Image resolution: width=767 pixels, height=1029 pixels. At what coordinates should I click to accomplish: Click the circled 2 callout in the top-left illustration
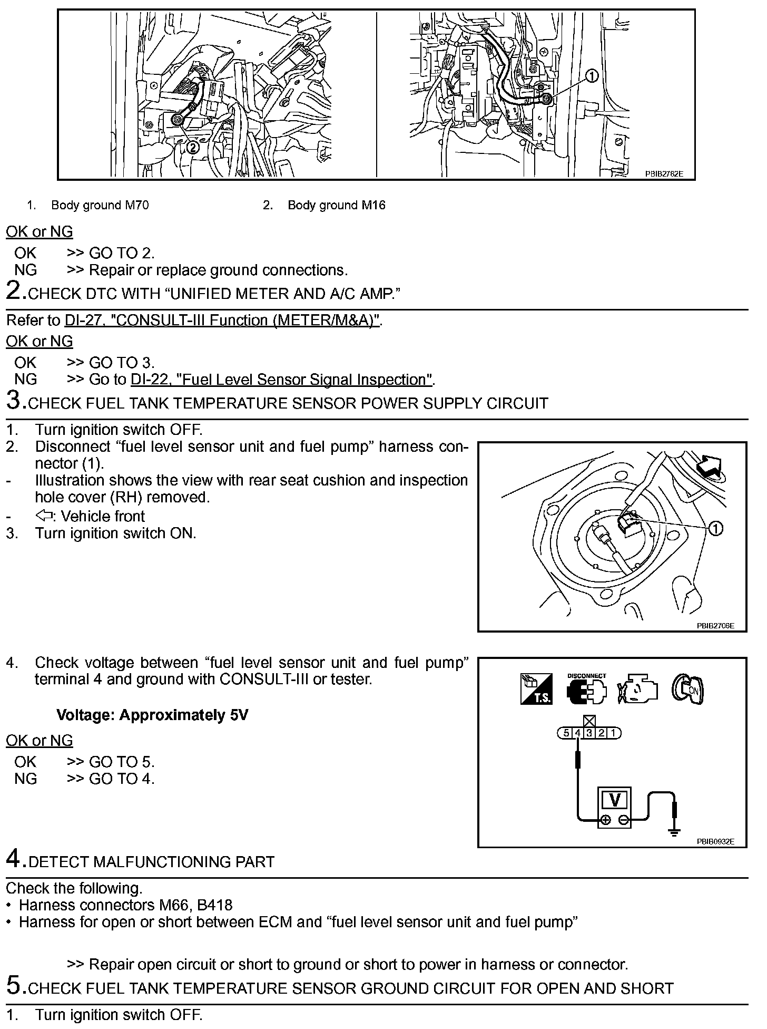point(193,148)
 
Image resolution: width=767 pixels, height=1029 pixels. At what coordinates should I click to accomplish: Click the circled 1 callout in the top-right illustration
point(592,76)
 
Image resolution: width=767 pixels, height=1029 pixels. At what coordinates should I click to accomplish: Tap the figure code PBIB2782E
point(664,173)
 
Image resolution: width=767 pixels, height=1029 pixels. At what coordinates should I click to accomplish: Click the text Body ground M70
point(100,205)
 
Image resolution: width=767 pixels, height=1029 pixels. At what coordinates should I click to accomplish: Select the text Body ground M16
point(336,205)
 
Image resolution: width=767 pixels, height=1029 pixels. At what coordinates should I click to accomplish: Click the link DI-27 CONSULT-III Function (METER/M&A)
point(222,321)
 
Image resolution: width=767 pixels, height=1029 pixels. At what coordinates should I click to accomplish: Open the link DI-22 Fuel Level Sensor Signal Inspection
point(282,380)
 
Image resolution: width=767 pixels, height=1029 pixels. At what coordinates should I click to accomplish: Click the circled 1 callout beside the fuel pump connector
point(715,528)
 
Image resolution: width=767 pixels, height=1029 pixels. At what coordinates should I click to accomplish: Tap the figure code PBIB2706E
point(715,626)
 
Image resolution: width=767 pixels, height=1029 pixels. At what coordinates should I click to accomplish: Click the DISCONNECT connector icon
point(586,689)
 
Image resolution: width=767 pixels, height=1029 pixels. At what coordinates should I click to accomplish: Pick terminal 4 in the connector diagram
point(577,733)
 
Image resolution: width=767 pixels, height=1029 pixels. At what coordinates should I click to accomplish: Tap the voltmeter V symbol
point(614,800)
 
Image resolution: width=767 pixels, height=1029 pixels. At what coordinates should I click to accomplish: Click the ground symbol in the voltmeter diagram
point(673,832)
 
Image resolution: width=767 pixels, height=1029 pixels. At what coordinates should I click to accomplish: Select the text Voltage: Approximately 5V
point(152,715)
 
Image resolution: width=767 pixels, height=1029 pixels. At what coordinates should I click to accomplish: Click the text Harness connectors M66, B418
point(125,906)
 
